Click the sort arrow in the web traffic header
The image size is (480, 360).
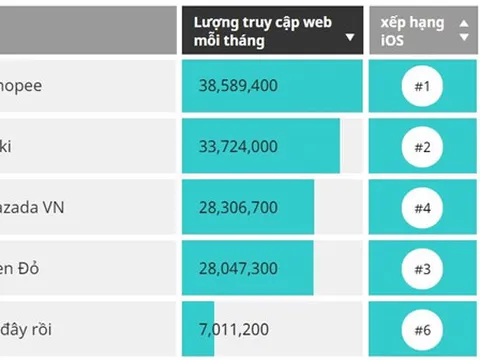pos(349,39)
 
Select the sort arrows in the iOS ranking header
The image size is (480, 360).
pos(463,31)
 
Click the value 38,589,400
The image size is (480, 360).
pos(238,86)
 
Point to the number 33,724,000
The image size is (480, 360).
pos(238,147)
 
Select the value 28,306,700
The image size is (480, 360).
pos(238,208)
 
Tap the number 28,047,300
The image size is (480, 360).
pos(238,269)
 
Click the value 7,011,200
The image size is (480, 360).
pos(233,329)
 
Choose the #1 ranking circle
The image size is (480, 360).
pos(421,87)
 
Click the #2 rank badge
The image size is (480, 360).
pos(421,148)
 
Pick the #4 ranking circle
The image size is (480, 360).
pos(421,209)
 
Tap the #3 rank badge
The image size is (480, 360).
pos(421,270)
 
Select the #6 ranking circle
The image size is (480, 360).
pos(421,330)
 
